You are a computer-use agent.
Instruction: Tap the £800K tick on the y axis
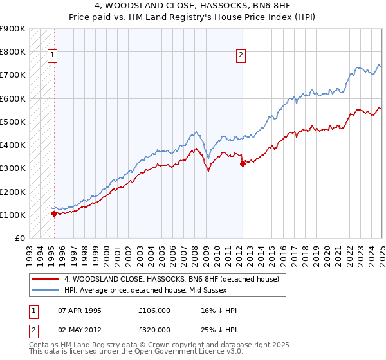(x=12, y=51)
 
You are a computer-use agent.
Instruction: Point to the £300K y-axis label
(x=12, y=168)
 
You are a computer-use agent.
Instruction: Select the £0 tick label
(x=19, y=239)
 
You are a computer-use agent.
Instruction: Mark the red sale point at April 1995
(x=54, y=213)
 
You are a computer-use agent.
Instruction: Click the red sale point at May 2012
(x=243, y=163)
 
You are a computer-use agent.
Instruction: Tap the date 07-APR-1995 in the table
(x=80, y=310)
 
